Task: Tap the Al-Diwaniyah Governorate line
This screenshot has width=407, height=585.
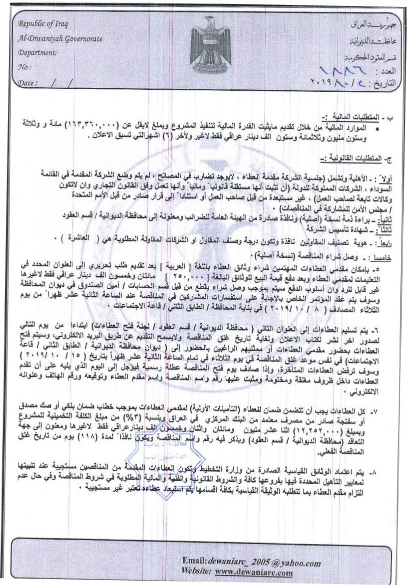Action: pyautogui.click(x=53, y=38)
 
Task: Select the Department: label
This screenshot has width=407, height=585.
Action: pyautogui.click(x=37, y=52)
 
